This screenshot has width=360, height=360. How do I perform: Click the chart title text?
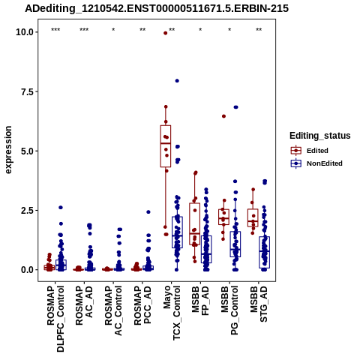tap(157, 8)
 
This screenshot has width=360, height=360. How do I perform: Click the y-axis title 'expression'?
tap(8, 150)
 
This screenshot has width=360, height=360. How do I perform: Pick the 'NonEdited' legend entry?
tap(316, 163)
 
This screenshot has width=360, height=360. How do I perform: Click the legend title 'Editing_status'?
tap(320, 136)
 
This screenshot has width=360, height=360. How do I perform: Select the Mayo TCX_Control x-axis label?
tap(172, 313)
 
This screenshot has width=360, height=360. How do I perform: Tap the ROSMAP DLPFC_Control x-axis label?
tap(55, 319)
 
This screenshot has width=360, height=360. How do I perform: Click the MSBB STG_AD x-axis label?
tap(259, 304)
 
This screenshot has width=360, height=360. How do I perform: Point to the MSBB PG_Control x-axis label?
tap(229, 310)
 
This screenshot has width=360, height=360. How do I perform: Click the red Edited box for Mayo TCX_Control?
tap(166, 146)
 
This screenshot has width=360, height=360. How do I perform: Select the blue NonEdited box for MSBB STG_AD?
tap(265, 252)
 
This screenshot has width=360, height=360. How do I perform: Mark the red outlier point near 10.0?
tap(165, 33)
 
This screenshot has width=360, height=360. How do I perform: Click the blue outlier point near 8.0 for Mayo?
tap(177, 81)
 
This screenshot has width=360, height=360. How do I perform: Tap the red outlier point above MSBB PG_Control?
tap(223, 116)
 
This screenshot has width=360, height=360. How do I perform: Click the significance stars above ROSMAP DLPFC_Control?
tap(55, 30)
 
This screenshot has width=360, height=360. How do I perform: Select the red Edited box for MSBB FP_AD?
tap(195, 223)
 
